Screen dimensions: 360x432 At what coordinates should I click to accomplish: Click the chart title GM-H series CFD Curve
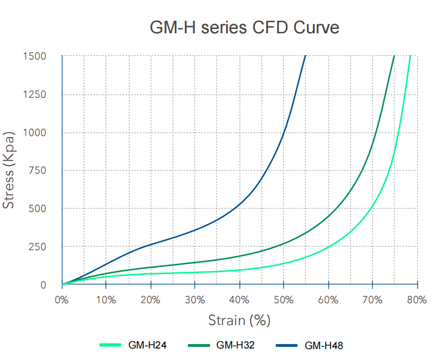tap(244, 27)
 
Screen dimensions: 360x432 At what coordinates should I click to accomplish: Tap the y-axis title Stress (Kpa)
tap(9, 170)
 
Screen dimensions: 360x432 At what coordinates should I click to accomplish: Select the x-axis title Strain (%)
tap(239, 320)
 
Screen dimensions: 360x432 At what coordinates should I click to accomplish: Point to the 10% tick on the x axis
tap(106, 299)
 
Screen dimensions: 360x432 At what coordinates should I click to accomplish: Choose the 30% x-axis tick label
tap(195, 299)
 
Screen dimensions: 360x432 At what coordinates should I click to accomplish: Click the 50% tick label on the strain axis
tap(283, 299)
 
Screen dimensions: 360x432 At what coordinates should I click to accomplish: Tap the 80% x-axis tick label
tap(417, 299)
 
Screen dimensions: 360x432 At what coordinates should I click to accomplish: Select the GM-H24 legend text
tap(147, 345)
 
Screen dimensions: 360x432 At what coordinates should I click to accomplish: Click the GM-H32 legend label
tap(235, 345)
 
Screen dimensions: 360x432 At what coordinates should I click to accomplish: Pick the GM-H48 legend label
tap(324, 345)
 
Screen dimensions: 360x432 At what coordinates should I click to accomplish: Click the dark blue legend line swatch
tap(287, 345)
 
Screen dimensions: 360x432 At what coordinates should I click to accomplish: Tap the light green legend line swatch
tap(110, 345)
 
